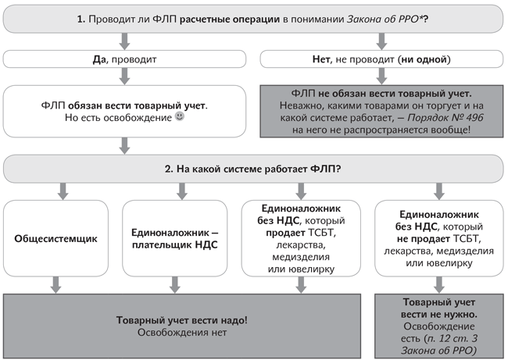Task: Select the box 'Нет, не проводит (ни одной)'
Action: click(x=380, y=58)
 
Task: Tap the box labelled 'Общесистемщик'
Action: click(x=56, y=238)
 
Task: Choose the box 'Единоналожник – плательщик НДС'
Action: click(x=181, y=238)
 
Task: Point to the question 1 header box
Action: click(x=252, y=17)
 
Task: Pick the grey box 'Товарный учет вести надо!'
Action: click(x=182, y=326)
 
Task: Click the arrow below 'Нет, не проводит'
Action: click(x=380, y=76)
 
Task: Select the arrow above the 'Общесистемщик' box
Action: click(x=56, y=190)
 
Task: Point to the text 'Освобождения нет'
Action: click(x=182, y=333)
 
